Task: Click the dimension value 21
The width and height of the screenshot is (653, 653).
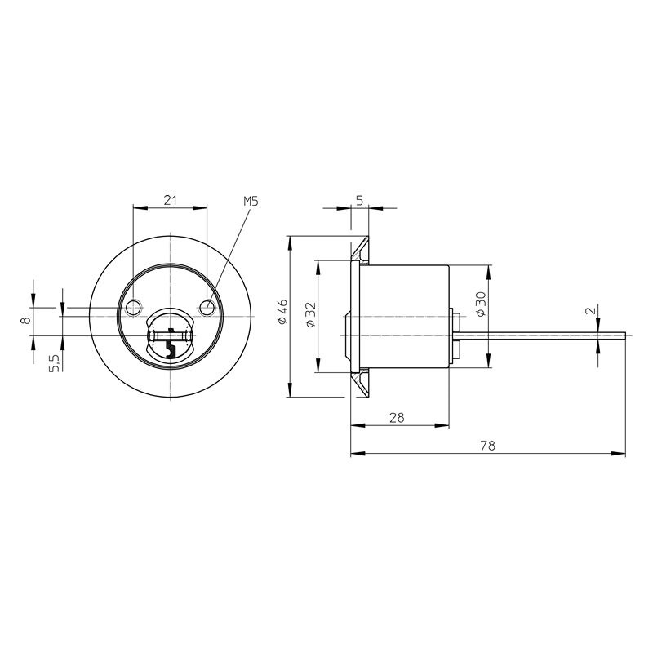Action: (170, 200)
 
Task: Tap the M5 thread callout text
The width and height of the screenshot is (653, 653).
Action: (251, 202)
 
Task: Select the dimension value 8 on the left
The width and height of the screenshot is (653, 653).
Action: (26, 320)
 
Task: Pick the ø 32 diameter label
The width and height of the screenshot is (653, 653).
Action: (312, 314)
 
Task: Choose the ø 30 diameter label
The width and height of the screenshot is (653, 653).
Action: (481, 304)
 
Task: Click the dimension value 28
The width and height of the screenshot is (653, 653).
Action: (397, 417)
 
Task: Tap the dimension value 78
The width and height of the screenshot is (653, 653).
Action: (487, 446)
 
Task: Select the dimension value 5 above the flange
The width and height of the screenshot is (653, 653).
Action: (360, 200)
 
